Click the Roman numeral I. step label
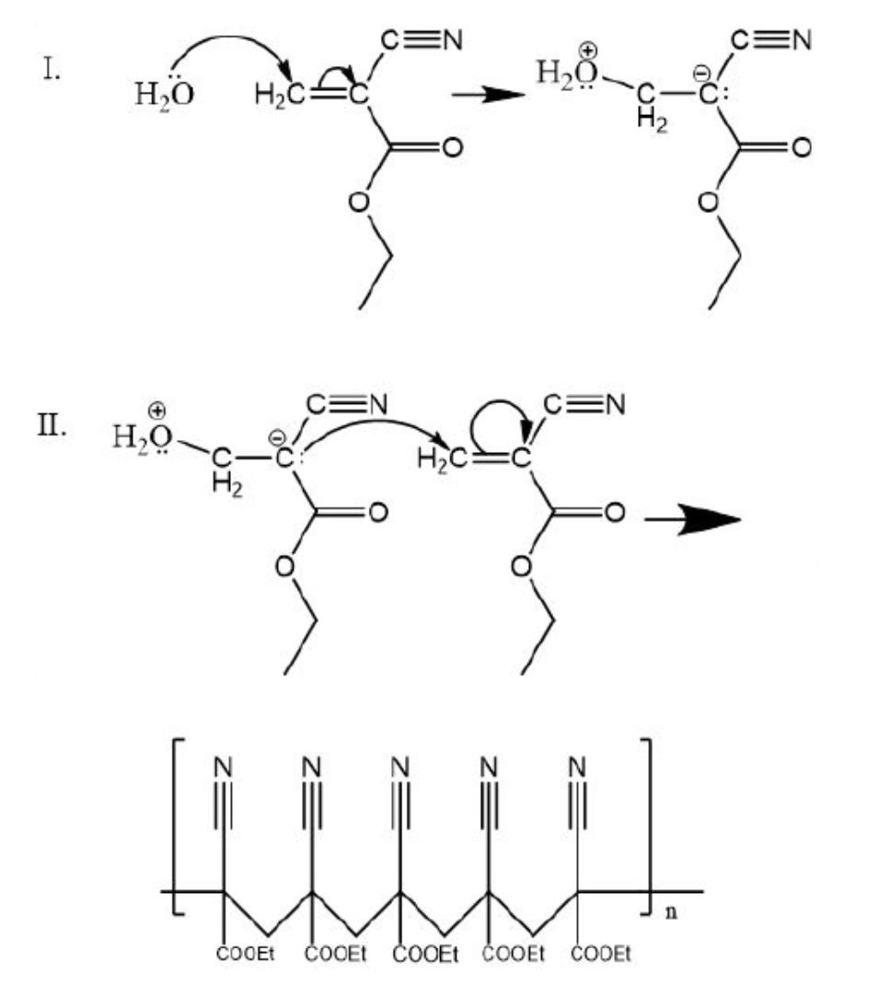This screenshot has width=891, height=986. click(x=52, y=69)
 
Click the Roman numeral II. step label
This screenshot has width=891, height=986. click(x=52, y=426)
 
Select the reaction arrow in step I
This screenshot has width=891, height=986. click(x=488, y=95)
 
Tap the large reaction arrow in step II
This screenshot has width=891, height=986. click(x=693, y=520)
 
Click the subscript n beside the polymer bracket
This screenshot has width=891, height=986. click(x=672, y=911)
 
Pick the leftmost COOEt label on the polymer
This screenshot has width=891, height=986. click(x=245, y=954)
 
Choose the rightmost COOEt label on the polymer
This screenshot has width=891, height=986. click(x=600, y=954)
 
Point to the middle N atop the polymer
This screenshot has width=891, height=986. click(x=399, y=768)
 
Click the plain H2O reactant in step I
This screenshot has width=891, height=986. click(x=164, y=94)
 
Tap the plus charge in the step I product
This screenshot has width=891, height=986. click(x=586, y=50)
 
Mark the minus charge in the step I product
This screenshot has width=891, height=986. click(x=700, y=75)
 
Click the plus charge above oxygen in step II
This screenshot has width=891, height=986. click(x=157, y=411)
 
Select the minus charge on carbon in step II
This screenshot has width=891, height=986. click(x=276, y=436)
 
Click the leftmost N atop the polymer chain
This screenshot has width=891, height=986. click(x=224, y=768)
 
